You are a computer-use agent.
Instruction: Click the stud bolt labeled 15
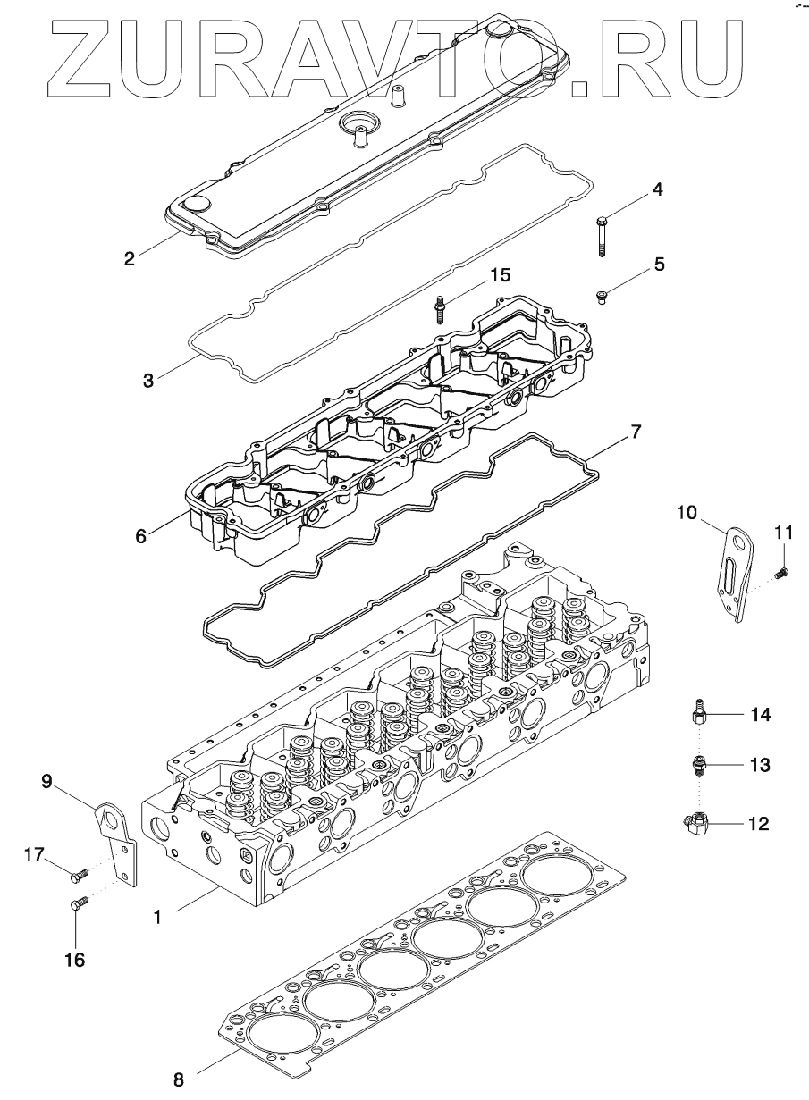coord(441,310)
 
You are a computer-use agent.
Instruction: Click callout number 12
coord(757,823)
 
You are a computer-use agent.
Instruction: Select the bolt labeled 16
coord(76,905)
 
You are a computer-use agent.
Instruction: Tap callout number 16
coord(74,960)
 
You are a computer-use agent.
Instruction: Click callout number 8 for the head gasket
coord(179,1079)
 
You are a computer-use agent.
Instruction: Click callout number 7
coord(636,432)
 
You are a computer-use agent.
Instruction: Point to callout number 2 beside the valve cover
coord(131,259)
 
